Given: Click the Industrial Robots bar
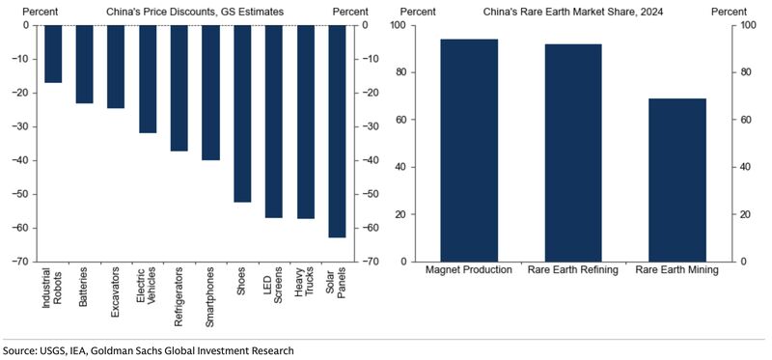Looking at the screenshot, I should point(53,54).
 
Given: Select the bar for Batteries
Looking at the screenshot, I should point(85,65).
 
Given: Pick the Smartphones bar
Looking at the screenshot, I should point(211,93).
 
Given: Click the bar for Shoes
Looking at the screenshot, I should point(242,114).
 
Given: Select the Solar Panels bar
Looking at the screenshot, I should point(337,131).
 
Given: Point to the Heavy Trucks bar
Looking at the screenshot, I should point(306,123).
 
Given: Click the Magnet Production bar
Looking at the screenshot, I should point(469,151).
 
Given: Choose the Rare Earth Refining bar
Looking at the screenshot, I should point(573,152).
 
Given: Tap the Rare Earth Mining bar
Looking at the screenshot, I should point(676,180).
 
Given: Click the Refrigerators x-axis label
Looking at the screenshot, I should point(179,299).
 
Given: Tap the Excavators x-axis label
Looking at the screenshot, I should point(117,293).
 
